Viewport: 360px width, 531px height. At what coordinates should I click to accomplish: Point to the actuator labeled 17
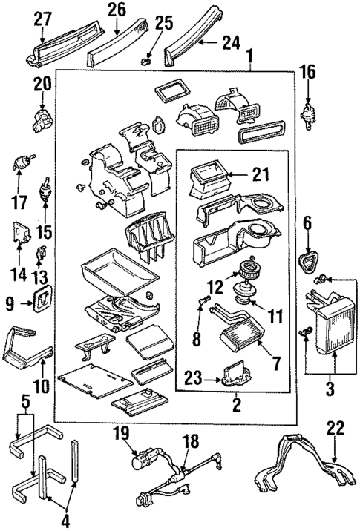coord(25,162)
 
